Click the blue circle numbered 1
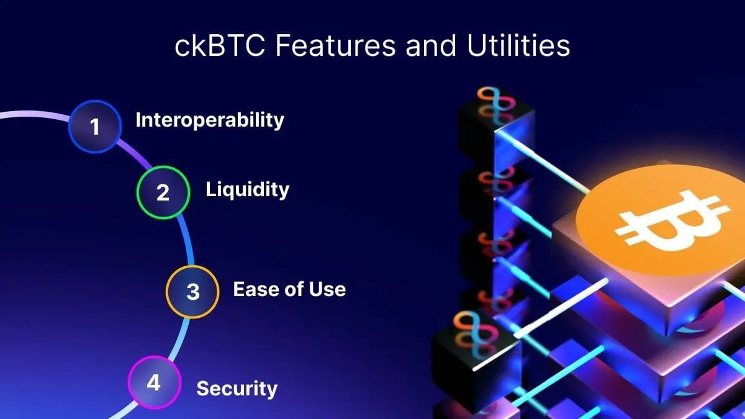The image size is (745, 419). point(95,127)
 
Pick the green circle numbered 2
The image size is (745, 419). point(163,192)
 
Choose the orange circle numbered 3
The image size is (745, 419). point(192,292)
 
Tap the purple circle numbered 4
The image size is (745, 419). point(155,382)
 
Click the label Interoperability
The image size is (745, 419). point(210,120)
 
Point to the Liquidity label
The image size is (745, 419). point(248,190)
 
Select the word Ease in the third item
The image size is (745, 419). point(255,289)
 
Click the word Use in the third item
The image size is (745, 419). point(328,289)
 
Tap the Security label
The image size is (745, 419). point(237,389)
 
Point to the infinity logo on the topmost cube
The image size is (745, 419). point(496,102)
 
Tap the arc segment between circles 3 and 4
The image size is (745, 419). point(181,338)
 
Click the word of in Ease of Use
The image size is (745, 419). point(292,289)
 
